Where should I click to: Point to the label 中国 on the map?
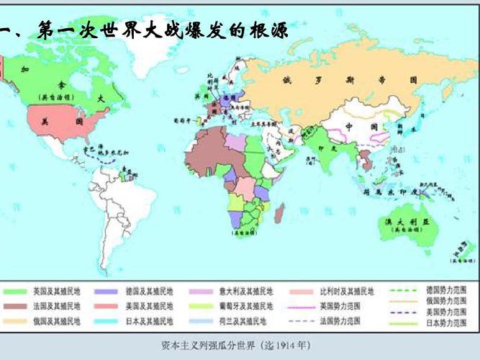point(357,127)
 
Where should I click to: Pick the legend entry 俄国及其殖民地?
point(53,320)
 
